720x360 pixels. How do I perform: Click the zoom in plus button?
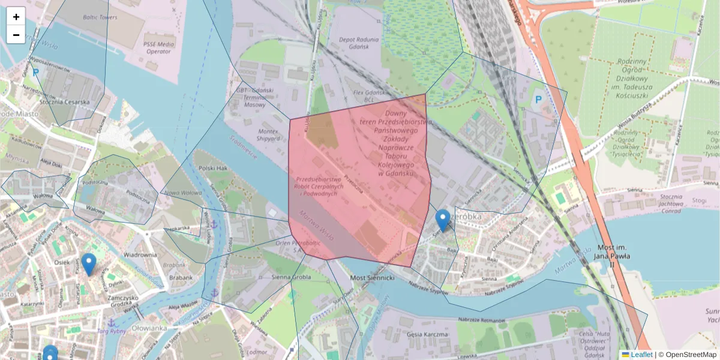16,17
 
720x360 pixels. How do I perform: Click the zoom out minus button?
16,35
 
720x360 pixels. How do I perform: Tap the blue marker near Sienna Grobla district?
443,220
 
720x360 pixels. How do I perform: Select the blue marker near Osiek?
89,264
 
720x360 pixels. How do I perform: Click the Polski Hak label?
213,169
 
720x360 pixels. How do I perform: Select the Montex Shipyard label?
267,134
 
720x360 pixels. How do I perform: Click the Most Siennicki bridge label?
371,278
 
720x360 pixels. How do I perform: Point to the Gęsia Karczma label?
427,334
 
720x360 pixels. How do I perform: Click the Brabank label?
181,278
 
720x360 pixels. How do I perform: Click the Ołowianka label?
149,328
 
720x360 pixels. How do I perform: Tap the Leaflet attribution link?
641,355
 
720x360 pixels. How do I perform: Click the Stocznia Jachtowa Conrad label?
662,204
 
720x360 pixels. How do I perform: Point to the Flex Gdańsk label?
368,93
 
